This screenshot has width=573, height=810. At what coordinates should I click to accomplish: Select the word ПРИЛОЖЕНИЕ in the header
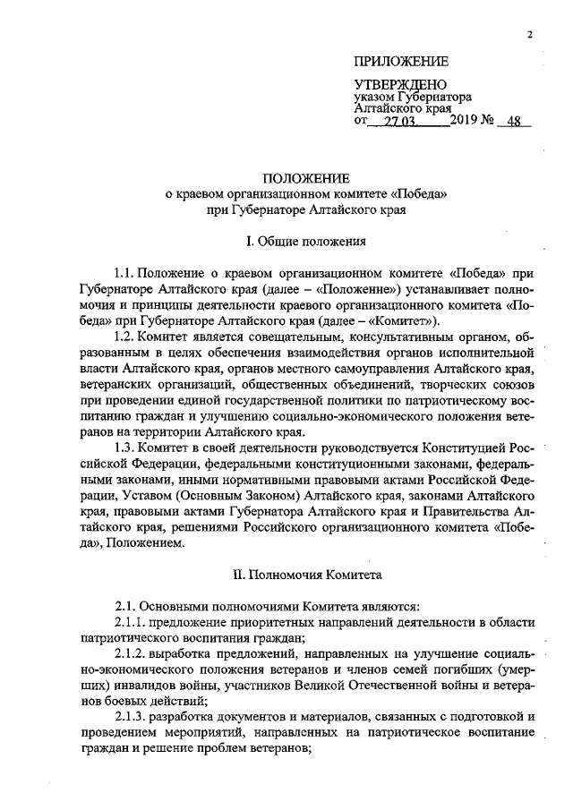(401, 62)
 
